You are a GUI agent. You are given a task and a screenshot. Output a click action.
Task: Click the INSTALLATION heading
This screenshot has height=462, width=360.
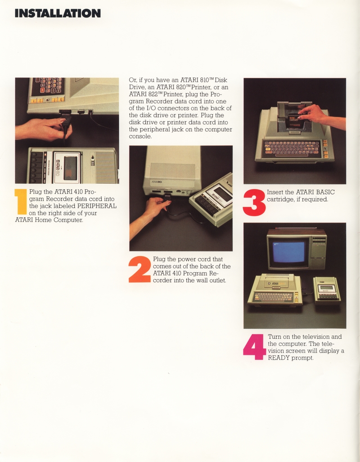pyautogui.click(x=58, y=13)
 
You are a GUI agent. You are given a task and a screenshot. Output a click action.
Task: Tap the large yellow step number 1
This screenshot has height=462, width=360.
pyautogui.click(x=21, y=202)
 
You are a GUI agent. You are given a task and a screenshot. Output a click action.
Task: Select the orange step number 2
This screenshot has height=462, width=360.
pyautogui.click(x=140, y=270)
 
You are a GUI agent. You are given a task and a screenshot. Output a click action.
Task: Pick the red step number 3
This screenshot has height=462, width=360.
pyautogui.click(x=254, y=203)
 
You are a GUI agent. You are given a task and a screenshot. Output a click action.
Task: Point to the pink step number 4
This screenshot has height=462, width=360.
pyautogui.click(x=255, y=347)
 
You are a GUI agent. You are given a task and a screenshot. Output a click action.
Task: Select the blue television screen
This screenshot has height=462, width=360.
pyautogui.click(x=288, y=253)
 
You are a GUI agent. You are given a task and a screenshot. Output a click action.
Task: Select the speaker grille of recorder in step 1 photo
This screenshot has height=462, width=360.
pyautogui.click(x=106, y=168)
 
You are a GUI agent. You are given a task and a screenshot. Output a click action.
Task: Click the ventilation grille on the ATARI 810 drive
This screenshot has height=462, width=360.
pyautogui.click(x=173, y=171)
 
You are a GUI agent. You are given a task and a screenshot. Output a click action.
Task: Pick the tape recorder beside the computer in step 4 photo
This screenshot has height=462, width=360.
pyautogui.click(x=327, y=290)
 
